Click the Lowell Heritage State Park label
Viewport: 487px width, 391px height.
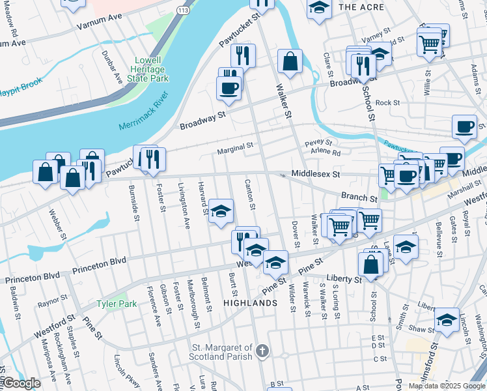coord(151,69)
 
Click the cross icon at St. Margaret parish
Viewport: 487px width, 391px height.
coord(262,352)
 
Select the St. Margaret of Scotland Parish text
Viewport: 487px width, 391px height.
coord(221,353)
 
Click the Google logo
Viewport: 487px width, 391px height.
coord(21,383)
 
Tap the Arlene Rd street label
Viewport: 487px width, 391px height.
coord(326,152)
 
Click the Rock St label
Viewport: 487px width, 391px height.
coord(387,102)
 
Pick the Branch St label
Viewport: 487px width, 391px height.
coord(359,196)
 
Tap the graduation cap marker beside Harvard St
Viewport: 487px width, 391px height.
coord(221,211)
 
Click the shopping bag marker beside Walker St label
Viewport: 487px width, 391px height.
coord(290,61)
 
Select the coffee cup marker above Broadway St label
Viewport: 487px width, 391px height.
coord(229,88)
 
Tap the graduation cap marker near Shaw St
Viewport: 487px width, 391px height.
coord(447,319)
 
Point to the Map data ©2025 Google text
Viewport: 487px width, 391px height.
coord(447,386)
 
